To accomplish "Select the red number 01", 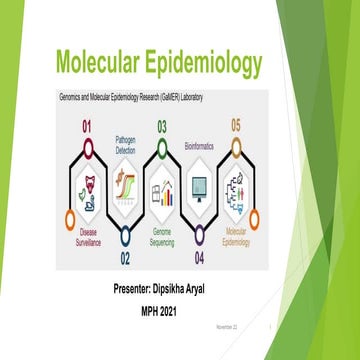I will point(86,127).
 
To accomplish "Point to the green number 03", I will point(161,127).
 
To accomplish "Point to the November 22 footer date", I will point(227,326).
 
